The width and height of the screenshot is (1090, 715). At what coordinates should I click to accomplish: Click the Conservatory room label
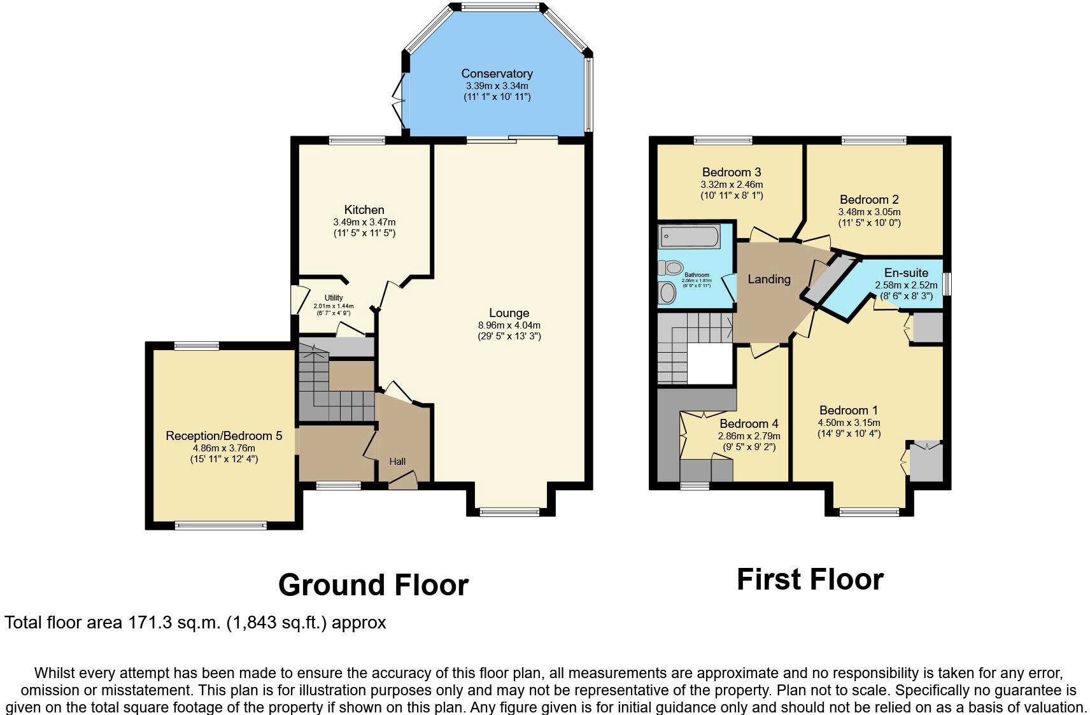coord(497,73)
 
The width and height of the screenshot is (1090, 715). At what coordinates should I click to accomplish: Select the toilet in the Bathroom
coord(672,267)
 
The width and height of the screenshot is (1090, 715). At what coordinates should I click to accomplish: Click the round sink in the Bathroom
coord(667,294)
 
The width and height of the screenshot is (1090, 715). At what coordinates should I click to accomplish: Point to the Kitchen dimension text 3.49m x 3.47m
coord(364,222)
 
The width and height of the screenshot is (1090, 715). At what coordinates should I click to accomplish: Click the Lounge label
coord(509,313)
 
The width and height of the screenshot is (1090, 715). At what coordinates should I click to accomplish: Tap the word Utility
coord(334,298)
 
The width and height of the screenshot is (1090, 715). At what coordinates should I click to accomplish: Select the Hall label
coord(397,462)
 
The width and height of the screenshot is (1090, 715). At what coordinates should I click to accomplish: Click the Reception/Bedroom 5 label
coord(223,436)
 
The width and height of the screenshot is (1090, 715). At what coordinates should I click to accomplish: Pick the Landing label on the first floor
coord(768,279)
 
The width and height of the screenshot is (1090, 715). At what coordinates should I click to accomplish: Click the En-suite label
coord(906,273)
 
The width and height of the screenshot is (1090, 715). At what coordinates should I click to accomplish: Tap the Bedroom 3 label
coord(731,172)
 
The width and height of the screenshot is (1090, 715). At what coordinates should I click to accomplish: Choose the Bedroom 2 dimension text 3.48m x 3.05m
coord(869,212)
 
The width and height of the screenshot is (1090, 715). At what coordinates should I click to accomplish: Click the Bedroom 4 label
coord(749,423)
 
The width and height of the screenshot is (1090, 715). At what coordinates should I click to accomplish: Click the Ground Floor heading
coord(373,584)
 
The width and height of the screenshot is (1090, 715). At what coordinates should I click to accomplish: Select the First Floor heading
coord(810,579)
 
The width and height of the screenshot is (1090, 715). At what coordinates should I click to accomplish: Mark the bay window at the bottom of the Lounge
coord(509,511)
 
